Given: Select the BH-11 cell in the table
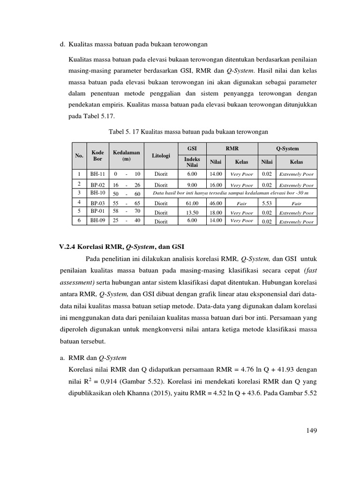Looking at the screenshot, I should [x=97, y=173].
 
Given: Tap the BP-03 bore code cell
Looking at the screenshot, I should [x=97, y=203].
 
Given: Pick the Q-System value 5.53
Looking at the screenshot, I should [x=267, y=203].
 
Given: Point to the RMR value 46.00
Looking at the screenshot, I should [x=216, y=203].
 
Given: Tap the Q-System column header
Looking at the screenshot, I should [x=287, y=149].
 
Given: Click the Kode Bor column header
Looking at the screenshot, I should [x=97, y=156].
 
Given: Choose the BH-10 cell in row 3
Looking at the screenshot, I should [x=97, y=193].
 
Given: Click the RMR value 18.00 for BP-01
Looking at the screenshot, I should [x=216, y=212].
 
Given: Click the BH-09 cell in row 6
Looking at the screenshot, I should [x=97, y=220].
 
